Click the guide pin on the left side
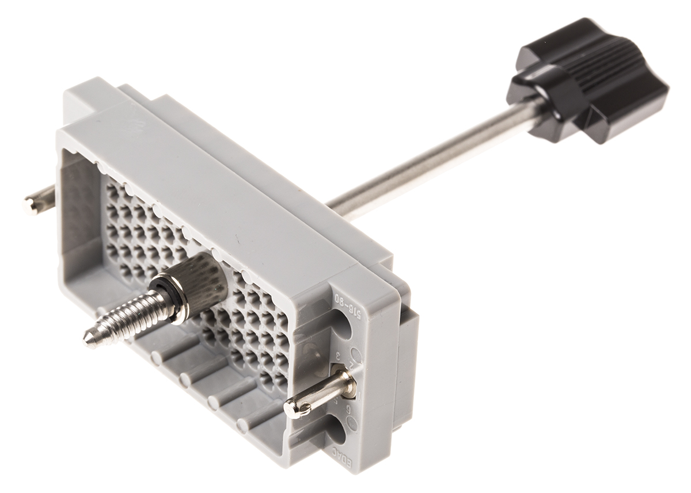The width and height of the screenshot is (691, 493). pyautogui.click(x=37, y=201)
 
